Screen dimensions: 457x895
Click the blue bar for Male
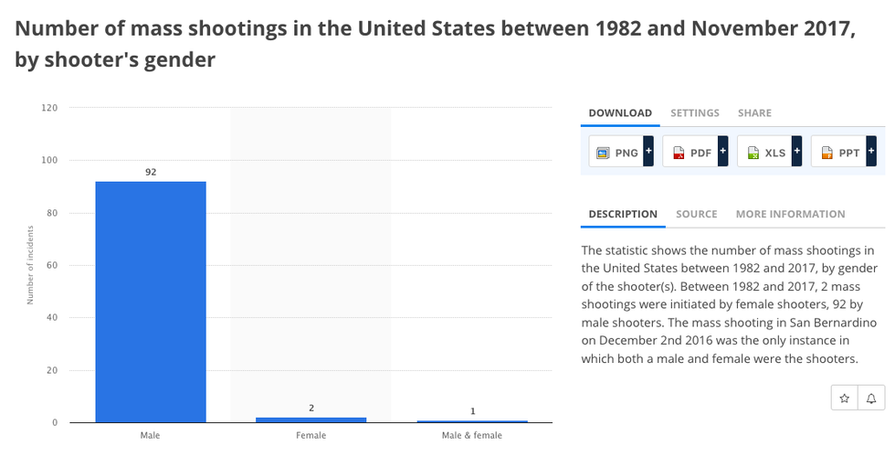[151, 302]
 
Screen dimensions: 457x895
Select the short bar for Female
[311, 420]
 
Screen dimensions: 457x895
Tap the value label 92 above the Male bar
[151, 172]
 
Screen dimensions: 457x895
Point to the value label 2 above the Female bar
[311, 408]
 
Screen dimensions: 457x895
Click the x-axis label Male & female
[471, 435]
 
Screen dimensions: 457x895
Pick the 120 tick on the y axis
[49, 108]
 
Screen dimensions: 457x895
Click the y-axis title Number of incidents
[30, 266]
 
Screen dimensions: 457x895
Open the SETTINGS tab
[695, 113]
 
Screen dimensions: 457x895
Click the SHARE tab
[754, 113]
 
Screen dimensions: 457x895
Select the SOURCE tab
[697, 214]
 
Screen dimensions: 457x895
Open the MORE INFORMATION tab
[790, 214]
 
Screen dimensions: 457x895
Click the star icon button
[845, 399]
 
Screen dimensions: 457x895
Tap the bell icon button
[871, 399]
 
